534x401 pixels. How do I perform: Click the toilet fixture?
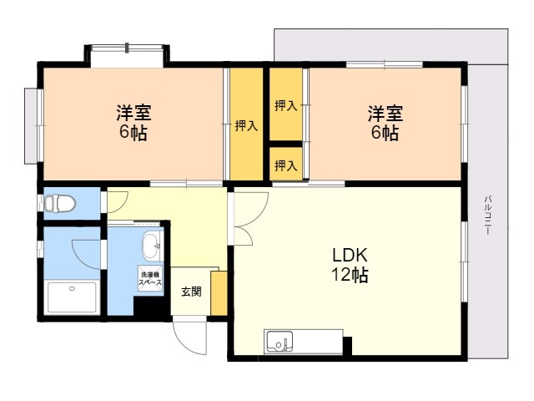pos(60,204)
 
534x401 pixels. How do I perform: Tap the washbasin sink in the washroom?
pos(151,246)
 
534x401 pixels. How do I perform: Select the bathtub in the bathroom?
pos(72,297)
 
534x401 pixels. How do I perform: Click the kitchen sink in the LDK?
pos(280,342)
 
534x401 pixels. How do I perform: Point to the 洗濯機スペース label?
pos(150,278)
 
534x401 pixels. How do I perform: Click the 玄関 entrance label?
pos(191,292)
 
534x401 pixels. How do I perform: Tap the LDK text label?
pos(350,255)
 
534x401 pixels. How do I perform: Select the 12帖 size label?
pos(350,275)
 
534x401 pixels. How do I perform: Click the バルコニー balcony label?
pos(488,215)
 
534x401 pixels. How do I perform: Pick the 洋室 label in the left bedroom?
pos(133,113)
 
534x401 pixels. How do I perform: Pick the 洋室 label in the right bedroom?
pos(385,114)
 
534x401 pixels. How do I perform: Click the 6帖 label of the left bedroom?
pos(133,133)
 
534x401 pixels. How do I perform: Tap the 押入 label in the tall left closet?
pos(246,126)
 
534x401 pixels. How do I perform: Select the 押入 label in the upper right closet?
pos(286,106)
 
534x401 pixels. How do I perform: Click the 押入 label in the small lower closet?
pos(286,165)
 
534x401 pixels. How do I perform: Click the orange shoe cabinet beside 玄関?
pos(219,293)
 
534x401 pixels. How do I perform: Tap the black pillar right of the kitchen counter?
pos(347,346)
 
